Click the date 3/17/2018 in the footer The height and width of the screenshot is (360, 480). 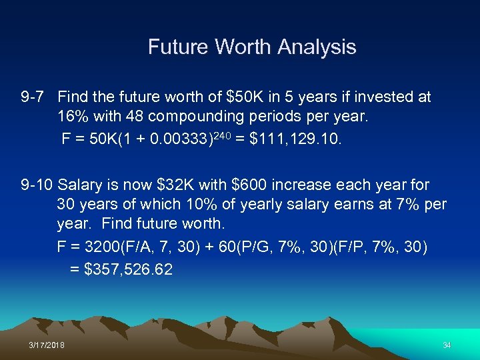47,345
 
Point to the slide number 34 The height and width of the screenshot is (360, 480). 446,345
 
